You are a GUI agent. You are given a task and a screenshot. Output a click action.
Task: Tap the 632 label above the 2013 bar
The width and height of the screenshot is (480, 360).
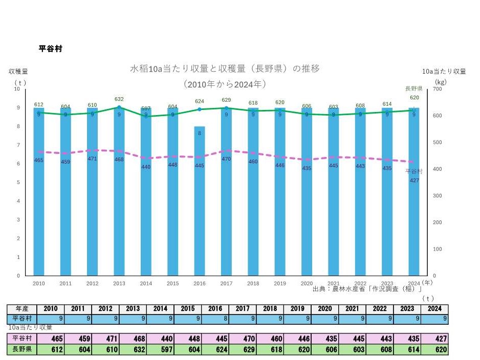pyautogui.click(x=119, y=99)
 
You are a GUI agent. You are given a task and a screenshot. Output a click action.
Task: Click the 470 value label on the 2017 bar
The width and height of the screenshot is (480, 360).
pyautogui.click(x=226, y=159)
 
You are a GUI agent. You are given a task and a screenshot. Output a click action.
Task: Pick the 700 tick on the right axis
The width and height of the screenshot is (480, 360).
pyautogui.click(x=437, y=89)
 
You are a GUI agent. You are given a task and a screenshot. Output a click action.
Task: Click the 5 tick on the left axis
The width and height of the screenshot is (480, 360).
pyautogui.click(x=18, y=183)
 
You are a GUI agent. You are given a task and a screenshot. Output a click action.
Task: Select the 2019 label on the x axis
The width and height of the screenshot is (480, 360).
pyautogui.click(x=279, y=283)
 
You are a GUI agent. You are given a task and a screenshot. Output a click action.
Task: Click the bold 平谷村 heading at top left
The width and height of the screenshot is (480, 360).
pyautogui.click(x=51, y=49)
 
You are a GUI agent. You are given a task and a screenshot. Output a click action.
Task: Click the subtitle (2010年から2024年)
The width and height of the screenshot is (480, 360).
pyautogui.click(x=225, y=84)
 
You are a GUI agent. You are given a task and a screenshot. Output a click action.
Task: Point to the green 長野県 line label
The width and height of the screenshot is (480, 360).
pyautogui.click(x=413, y=88)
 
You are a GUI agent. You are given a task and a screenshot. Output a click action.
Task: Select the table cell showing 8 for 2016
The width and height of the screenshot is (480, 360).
pyautogui.click(x=214, y=319)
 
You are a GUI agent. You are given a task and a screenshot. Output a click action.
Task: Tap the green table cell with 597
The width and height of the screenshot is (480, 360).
pyautogui.click(x=161, y=350)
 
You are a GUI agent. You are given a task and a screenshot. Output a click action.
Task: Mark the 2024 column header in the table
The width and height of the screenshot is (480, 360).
pyautogui.click(x=434, y=309)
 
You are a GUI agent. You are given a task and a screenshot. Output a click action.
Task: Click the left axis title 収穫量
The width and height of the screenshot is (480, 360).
pyautogui.click(x=18, y=72)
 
